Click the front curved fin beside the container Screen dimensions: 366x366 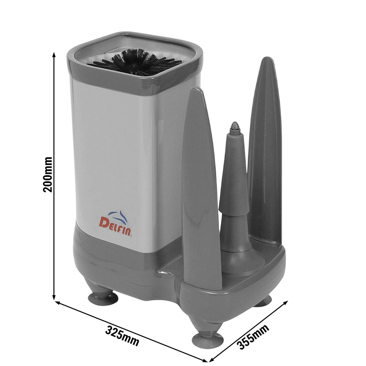tap(200, 190)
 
